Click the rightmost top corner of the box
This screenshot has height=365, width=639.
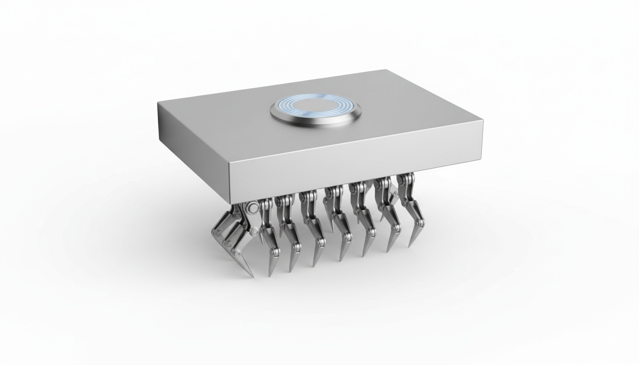tap(483, 121)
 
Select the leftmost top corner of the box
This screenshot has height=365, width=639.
tap(158, 102)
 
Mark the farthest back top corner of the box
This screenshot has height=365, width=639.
tap(386, 70)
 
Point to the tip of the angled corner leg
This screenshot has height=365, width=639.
tap(252, 276)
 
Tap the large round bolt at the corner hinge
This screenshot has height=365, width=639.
tap(252, 207)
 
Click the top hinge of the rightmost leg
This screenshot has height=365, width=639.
tap(405, 180)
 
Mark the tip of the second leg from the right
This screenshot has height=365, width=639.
tap(388, 251)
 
